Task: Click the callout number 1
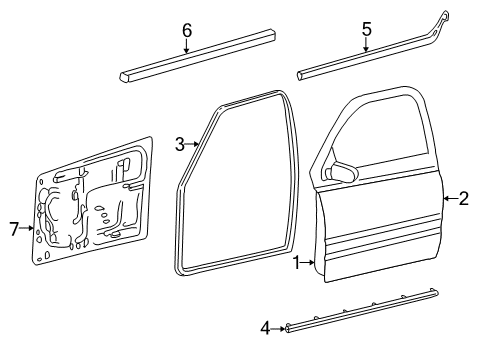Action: (x=296, y=262)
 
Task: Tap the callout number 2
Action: (x=464, y=198)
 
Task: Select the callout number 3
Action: (x=180, y=145)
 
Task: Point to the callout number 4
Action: (x=266, y=326)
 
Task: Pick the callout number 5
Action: (x=366, y=30)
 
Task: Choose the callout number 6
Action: (x=187, y=30)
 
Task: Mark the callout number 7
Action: (x=14, y=229)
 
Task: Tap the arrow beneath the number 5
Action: (x=366, y=49)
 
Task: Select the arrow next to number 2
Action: (x=450, y=198)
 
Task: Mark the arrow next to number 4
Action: (x=280, y=326)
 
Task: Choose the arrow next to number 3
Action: (x=194, y=146)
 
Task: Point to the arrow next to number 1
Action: (x=310, y=262)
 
